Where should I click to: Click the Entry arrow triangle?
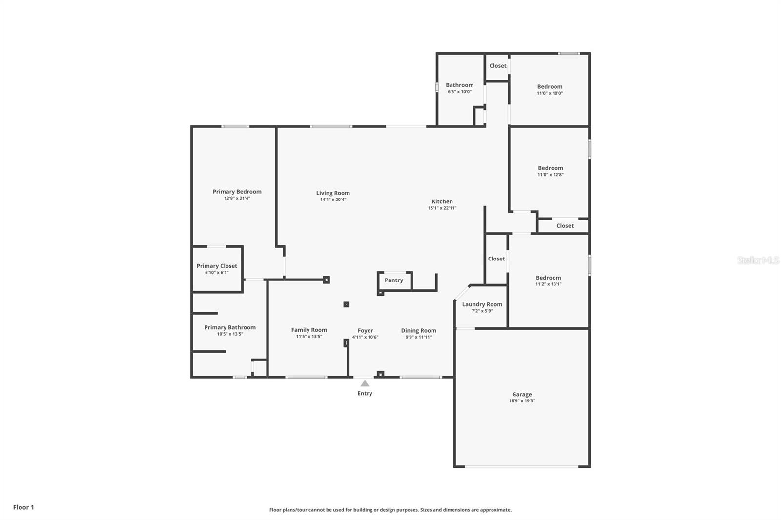(x=365, y=383)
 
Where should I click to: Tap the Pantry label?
(x=394, y=280)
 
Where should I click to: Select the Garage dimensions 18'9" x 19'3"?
(x=522, y=401)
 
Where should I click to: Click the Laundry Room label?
(x=482, y=304)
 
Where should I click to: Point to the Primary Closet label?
(x=217, y=266)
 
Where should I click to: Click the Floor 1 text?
(x=23, y=507)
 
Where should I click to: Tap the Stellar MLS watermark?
(x=758, y=260)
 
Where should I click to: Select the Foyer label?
(x=365, y=330)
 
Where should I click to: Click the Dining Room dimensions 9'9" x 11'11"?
(x=418, y=337)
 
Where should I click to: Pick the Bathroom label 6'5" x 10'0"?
(x=459, y=85)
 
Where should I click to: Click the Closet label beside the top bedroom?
(x=498, y=66)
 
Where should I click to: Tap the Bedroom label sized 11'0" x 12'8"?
(x=551, y=168)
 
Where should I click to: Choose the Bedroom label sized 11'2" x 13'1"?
(x=548, y=278)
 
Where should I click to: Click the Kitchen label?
(x=442, y=201)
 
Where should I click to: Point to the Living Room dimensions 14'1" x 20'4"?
(x=333, y=200)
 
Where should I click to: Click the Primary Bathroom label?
(x=230, y=327)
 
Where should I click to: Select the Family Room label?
(x=309, y=330)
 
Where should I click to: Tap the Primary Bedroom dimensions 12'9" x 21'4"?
(x=237, y=199)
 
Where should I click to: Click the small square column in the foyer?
(x=347, y=304)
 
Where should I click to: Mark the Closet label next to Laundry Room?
(x=496, y=259)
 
